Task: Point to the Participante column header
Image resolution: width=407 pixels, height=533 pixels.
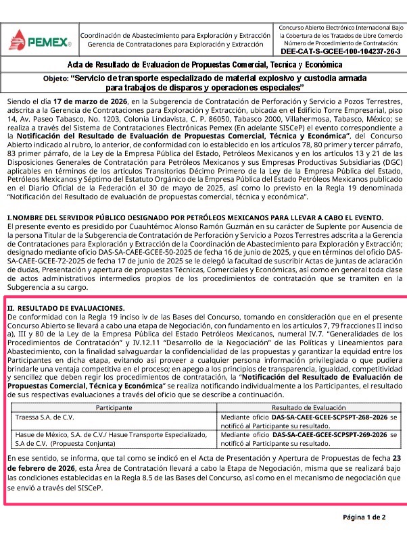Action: pyautogui.click(x=114, y=409)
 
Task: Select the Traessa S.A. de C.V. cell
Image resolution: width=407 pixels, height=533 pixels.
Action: pyautogui.click(x=46, y=418)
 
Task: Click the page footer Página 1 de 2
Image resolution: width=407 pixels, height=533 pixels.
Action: pyautogui.click(x=364, y=517)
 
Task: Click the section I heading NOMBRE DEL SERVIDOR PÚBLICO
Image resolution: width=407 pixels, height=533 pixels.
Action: pyautogui.click(x=196, y=218)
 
